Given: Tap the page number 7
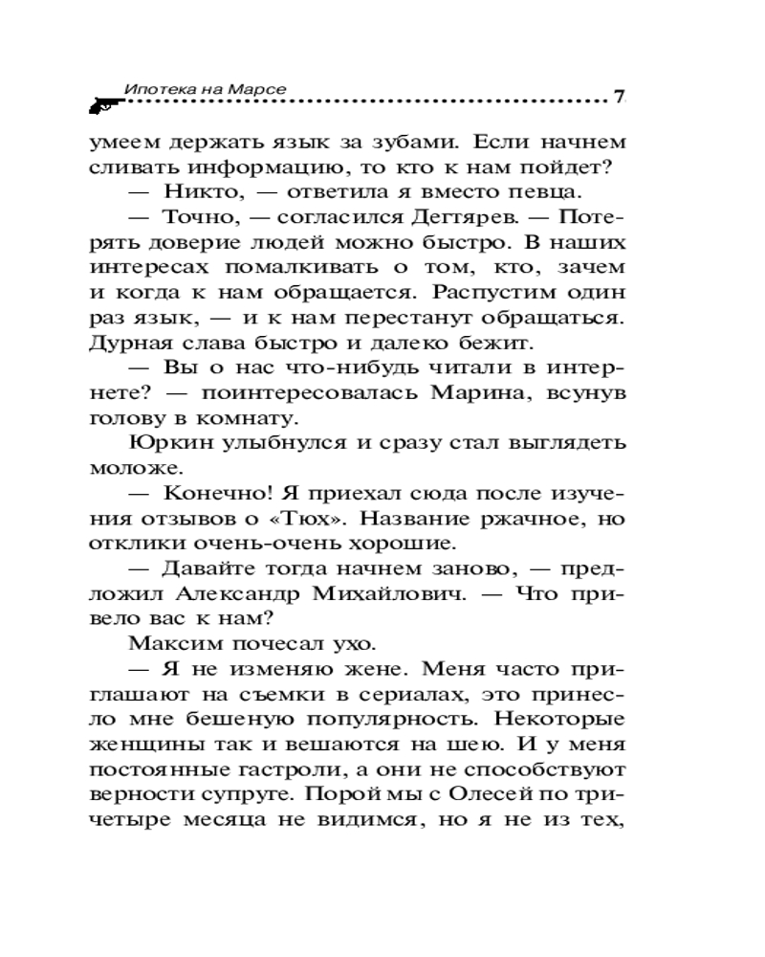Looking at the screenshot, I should click(619, 96).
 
